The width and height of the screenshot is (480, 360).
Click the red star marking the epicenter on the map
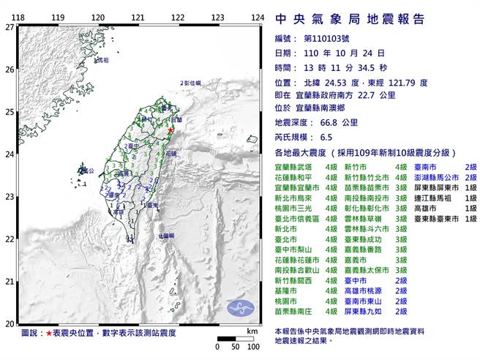170,130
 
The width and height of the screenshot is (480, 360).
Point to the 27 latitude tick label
9,26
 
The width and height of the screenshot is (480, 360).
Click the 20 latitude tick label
9,323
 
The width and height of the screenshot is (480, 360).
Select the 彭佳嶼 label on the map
190,84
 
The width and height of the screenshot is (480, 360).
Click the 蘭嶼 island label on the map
166,236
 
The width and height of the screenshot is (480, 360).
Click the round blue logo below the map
238,308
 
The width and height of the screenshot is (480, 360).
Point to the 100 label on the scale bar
252,345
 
